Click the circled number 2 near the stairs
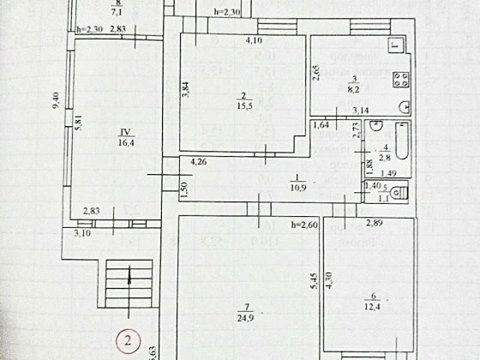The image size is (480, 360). tap(128, 340)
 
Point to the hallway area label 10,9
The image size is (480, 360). tap(273, 185)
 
